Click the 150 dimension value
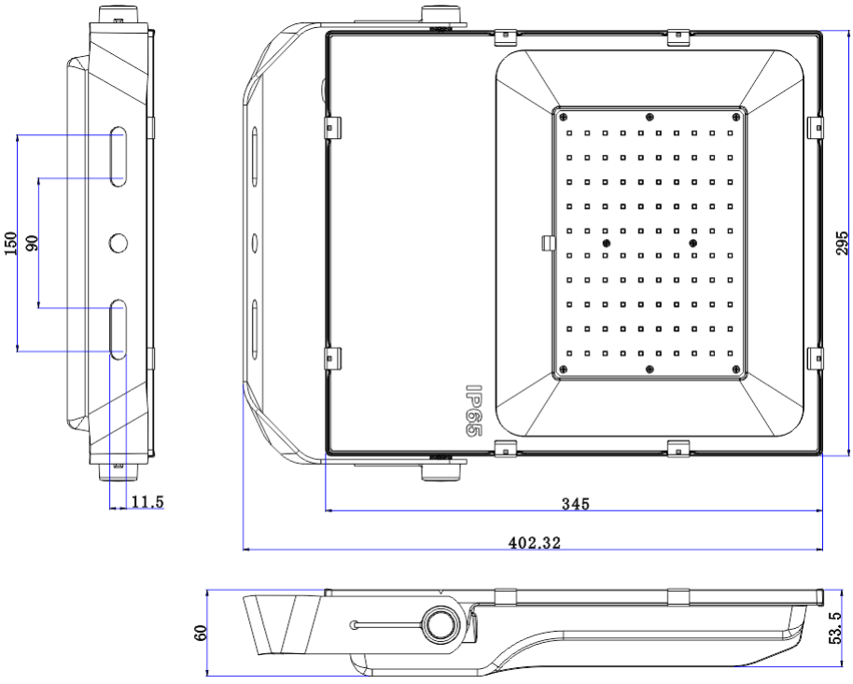[x=10, y=243]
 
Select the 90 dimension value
[x=32, y=243]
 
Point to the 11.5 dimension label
[x=147, y=502]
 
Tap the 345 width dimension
[x=574, y=504]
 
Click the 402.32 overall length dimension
[x=535, y=542]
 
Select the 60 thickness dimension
[x=199, y=633]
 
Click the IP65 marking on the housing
[x=473, y=412]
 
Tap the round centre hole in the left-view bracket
[x=119, y=243]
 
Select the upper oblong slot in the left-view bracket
[x=119, y=156]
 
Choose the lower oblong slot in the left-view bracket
[x=119, y=328]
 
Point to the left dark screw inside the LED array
[x=606, y=243]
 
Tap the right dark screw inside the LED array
[x=692, y=243]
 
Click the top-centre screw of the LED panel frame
[x=650, y=117]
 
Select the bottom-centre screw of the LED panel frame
[x=650, y=370]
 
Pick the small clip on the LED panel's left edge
[x=548, y=243]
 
